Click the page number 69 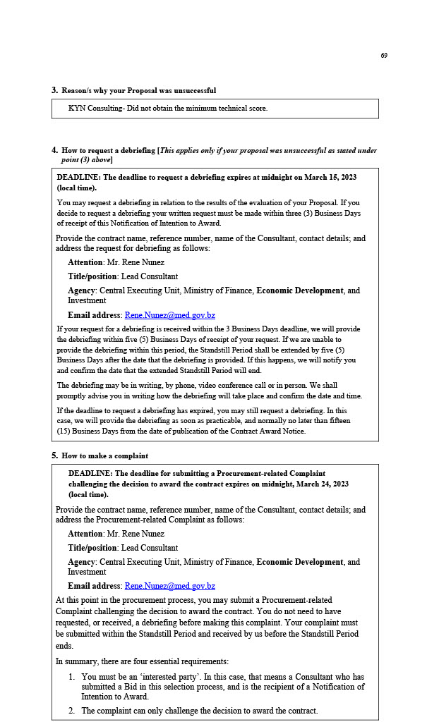pyautogui.click(x=384, y=56)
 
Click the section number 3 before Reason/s pyautogui.click(x=54, y=90)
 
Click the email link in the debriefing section pyautogui.click(x=169, y=315)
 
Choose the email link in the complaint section pyautogui.click(x=169, y=586)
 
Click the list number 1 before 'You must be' pyautogui.click(x=72, y=677)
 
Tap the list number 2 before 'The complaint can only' pyautogui.click(x=72, y=711)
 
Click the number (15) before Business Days pyautogui.click(x=64, y=431)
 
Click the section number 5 pyautogui.click(x=54, y=455)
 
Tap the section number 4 pyautogui.click(x=54, y=150)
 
